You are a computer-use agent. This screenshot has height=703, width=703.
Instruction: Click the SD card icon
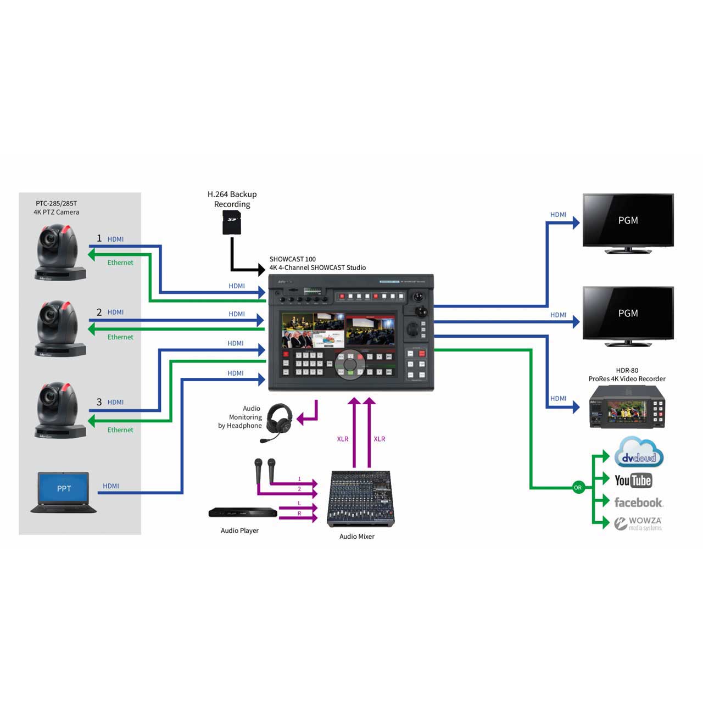pos(232,224)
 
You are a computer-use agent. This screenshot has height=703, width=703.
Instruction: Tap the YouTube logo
pos(633,481)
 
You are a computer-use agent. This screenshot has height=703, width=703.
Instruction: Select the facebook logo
pos(638,503)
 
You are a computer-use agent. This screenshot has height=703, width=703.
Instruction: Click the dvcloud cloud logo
pos(638,453)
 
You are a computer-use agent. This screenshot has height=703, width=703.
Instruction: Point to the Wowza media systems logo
pos(638,523)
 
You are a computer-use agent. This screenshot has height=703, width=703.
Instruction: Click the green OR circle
pos(577,487)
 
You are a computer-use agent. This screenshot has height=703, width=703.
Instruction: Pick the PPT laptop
pos(64,492)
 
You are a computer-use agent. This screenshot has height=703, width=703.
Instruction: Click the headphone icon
pos(278,422)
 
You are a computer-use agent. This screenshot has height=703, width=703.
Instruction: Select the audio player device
pos(242,513)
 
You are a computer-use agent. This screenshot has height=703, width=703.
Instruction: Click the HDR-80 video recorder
pos(627,406)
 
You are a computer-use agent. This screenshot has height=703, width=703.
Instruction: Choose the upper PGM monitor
pos(628,222)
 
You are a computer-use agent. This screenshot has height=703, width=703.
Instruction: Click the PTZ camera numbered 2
pos(60,328)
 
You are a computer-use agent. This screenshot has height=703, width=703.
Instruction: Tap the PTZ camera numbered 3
pos(60,410)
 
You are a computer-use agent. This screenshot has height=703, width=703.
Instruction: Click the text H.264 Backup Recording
pos(232,199)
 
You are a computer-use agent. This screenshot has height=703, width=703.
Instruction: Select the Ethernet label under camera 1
pos(120,263)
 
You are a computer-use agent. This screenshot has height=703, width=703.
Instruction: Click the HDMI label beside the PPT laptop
pos(111,486)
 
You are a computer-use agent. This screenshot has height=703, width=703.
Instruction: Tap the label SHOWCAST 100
pos(292,259)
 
